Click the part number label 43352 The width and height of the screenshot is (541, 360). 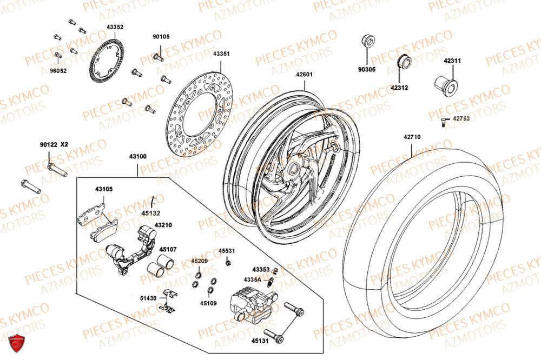(x=115, y=27)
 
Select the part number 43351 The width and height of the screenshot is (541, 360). (x=221, y=54)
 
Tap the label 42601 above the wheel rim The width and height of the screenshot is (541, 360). (x=304, y=75)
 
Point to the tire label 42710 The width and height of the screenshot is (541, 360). (x=412, y=137)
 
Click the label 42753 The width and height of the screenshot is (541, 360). (x=461, y=118)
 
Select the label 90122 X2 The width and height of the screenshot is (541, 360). (x=54, y=145)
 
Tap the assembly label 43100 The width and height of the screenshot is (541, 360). (x=137, y=157)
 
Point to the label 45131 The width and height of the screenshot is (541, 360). (x=259, y=341)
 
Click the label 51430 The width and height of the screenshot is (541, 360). (x=148, y=298)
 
